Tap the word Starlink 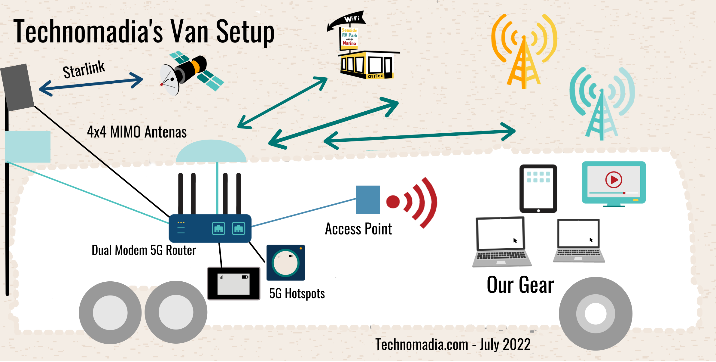[84, 70]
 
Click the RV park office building [367, 65]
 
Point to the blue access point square [367, 200]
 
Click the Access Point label [358, 229]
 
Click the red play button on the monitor [614, 180]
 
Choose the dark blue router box [210, 228]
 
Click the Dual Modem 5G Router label [144, 250]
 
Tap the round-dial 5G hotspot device [285, 263]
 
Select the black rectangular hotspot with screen [233, 283]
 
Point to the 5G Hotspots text [297, 294]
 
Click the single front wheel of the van [595, 314]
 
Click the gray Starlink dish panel [17, 87]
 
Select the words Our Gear [520, 285]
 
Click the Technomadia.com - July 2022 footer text [453, 345]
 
